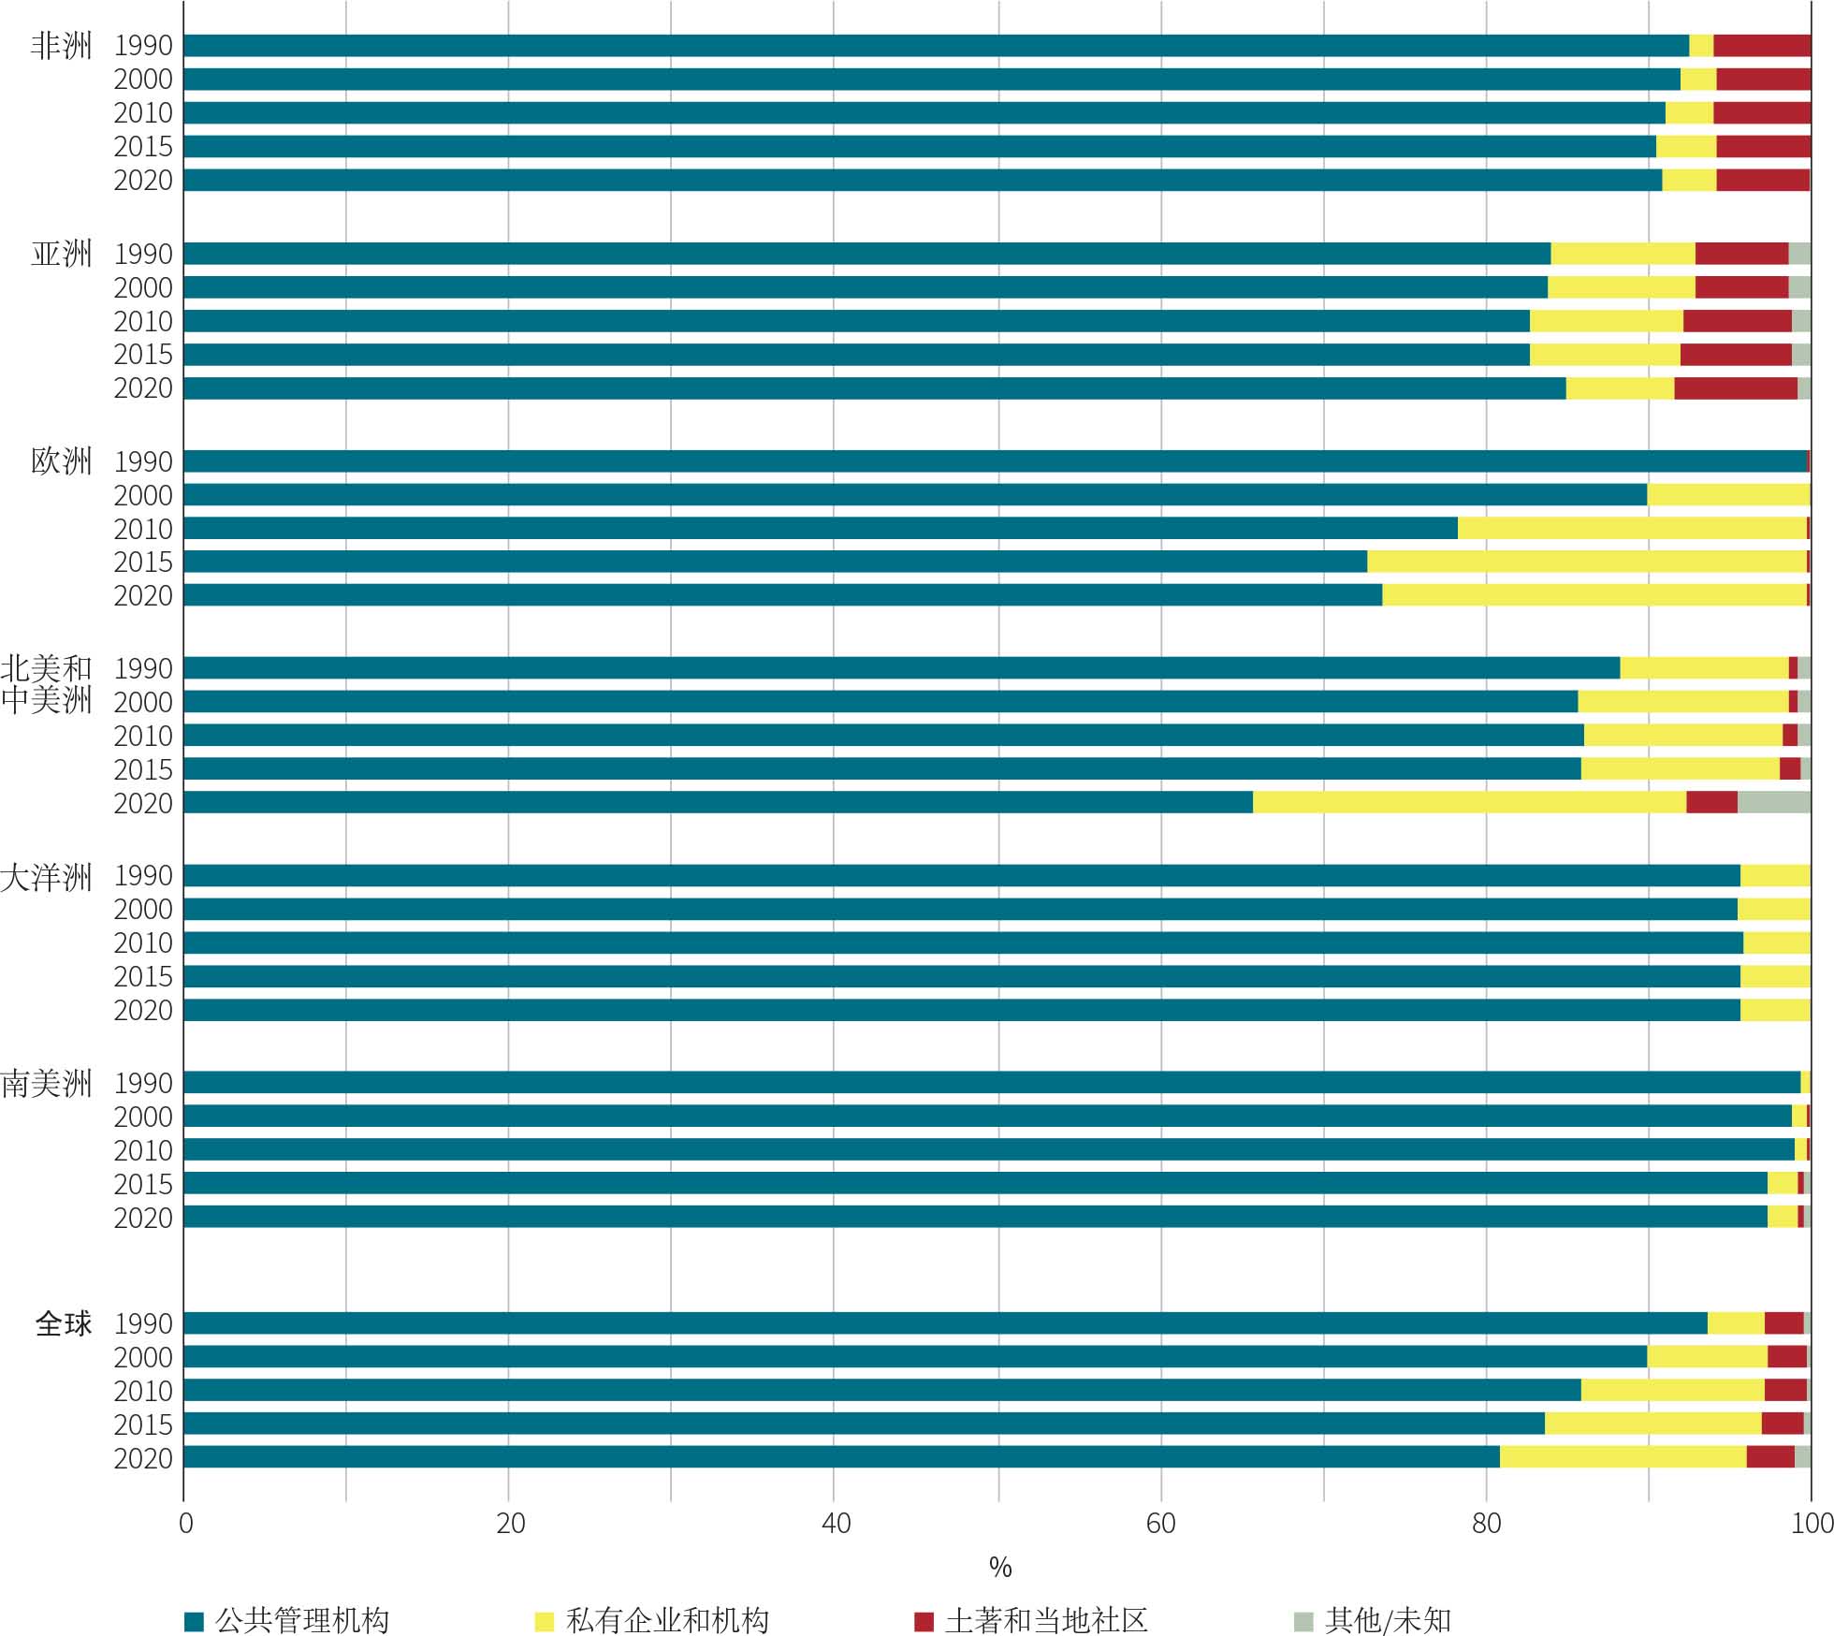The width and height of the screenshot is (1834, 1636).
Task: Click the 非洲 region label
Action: click(61, 46)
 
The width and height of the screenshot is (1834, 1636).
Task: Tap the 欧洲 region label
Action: click(61, 461)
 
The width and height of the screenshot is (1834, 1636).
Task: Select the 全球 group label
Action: click(64, 1323)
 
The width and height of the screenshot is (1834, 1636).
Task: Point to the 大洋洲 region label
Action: click(47, 877)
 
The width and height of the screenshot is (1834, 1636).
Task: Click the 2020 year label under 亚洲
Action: click(143, 388)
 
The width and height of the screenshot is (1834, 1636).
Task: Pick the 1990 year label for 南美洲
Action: click(143, 1083)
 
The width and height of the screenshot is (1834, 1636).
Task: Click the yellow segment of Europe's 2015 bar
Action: click(1586, 562)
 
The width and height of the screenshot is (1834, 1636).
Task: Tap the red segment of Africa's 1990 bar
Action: click(1761, 46)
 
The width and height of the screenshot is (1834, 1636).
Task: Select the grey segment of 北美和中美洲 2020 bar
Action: click(1773, 802)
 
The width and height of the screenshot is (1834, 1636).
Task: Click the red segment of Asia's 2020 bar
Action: click(1735, 388)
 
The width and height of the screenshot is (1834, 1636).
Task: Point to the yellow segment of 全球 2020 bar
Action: click(1623, 1457)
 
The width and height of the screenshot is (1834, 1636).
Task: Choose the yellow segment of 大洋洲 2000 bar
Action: click(1773, 909)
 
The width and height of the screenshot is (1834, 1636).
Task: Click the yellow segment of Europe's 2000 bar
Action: click(1728, 495)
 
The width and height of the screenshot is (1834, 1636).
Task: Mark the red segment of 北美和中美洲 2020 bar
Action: click(1711, 802)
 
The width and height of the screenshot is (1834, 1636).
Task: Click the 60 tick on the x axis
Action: click(1160, 1524)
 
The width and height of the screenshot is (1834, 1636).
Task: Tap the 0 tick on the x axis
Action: click(185, 1524)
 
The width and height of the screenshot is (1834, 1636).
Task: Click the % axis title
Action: click(999, 1568)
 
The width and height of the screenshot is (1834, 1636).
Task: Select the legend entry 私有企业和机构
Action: click(666, 1620)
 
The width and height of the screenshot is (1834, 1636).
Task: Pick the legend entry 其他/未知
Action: click(1387, 1620)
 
